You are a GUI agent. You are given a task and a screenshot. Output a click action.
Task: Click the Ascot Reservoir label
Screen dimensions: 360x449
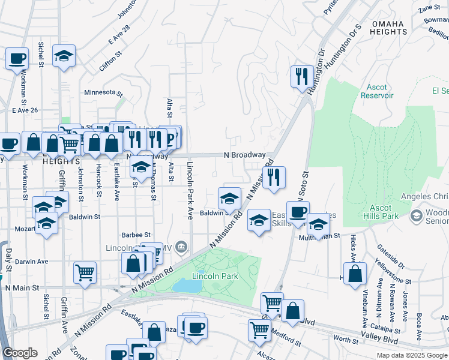click(x=377, y=91)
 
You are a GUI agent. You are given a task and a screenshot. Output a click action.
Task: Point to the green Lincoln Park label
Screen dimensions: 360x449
click(x=215, y=276)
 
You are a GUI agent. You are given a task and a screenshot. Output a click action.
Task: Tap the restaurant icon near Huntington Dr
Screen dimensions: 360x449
click(x=301, y=77)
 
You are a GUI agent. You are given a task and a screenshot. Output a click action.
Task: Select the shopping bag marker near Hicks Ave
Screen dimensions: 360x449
click(x=355, y=273)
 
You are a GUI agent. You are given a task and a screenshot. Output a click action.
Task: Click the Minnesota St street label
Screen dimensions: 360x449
click(x=103, y=94)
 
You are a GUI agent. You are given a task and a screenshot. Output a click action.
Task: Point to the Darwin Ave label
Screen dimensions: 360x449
click(x=31, y=262)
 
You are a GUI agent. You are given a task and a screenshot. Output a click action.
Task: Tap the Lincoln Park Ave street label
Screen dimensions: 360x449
click(x=190, y=190)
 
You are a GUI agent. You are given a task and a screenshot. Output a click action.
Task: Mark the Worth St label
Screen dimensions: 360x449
click(x=346, y=340)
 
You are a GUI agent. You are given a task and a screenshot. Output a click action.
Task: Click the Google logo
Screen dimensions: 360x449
click(x=20, y=353)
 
